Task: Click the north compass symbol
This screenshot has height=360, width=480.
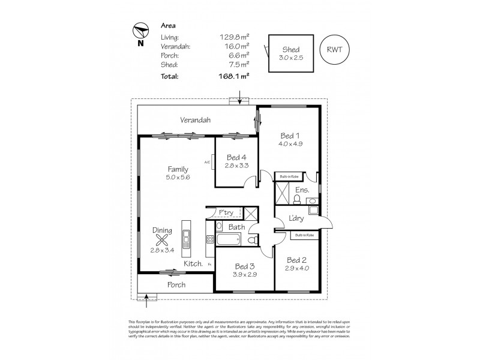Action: click(140, 32)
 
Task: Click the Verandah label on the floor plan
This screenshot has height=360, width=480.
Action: click(196, 120)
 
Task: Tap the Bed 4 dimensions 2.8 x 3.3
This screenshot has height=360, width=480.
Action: click(236, 166)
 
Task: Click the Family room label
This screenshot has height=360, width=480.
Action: click(178, 169)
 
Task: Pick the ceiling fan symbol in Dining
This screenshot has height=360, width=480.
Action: click(162, 241)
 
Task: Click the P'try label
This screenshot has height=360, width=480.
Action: click(226, 212)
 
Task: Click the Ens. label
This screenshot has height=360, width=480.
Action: click(302, 190)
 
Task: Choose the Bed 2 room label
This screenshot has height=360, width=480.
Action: click(297, 260)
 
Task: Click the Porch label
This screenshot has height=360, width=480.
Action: click(176, 284)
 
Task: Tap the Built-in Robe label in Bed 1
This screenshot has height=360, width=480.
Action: click(287, 176)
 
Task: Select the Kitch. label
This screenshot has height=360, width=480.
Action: click(193, 263)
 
